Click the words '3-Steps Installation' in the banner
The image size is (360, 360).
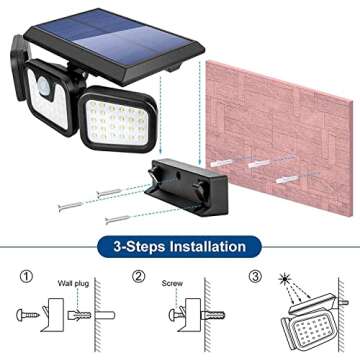(179, 245)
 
